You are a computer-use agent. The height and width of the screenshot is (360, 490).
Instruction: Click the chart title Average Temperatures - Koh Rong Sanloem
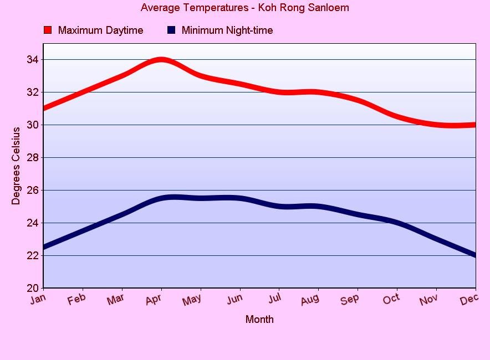(244, 8)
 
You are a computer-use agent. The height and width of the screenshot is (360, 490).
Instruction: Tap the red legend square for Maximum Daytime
(48, 30)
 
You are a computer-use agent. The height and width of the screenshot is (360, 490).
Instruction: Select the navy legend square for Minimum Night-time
(171, 30)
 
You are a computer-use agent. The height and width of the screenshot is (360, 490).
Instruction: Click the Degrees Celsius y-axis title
(16, 166)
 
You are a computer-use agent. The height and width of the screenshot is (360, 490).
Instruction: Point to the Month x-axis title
(259, 319)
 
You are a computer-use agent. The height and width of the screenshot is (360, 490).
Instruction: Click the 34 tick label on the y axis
(33, 60)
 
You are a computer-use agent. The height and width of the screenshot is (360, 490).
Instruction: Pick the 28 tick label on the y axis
(33, 158)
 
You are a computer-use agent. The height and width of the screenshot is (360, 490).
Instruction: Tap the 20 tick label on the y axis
(33, 288)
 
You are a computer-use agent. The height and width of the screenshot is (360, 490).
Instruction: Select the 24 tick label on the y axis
(33, 223)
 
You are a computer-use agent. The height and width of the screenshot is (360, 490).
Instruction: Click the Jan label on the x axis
(37, 299)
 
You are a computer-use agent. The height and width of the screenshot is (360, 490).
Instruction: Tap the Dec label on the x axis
(469, 299)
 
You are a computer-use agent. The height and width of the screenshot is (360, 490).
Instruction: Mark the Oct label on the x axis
(391, 299)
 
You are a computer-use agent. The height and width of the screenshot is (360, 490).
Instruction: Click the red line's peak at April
(161, 60)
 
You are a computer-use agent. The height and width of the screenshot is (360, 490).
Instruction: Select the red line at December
(474, 125)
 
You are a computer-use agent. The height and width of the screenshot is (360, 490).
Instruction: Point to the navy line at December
(474, 255)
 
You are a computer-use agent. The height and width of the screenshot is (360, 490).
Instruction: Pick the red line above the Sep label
(358, 100)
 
